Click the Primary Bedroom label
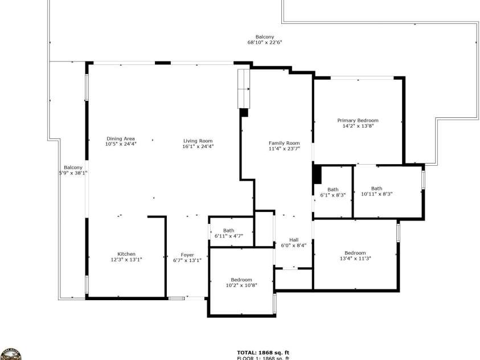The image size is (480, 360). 358,120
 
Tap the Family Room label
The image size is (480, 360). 284,143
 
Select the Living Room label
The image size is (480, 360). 198,141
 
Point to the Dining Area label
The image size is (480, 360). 121,138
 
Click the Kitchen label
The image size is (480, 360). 126,254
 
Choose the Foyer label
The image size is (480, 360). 187,255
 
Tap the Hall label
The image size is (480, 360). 294,240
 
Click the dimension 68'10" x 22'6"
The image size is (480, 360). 265,43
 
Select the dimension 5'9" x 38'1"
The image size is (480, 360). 73,173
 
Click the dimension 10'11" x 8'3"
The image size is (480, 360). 377,194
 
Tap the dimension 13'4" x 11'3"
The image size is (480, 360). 355,258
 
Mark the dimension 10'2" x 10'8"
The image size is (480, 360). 241,285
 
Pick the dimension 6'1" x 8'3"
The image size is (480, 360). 333,195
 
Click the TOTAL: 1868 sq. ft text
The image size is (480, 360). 263,353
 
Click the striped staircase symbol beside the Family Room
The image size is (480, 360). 244,89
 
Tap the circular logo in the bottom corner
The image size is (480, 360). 11,354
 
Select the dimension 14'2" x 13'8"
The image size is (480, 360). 358,126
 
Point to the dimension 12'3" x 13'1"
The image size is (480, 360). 126,260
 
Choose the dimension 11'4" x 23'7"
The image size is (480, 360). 284,149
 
